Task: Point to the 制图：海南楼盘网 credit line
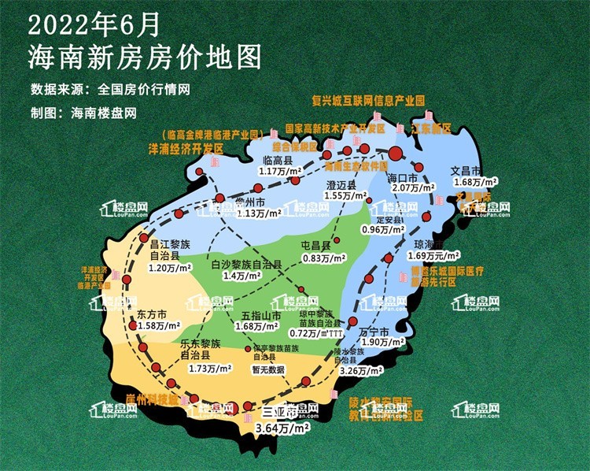click(83, 113)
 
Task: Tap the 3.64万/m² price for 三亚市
click(283, 428)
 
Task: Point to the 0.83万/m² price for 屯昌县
click(324, 258)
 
